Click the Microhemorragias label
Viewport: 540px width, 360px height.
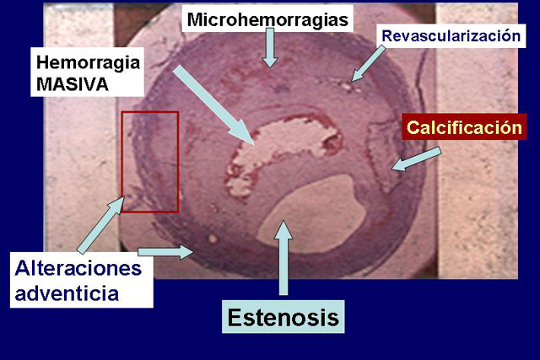(x=267, y=19)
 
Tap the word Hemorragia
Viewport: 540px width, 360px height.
(x=88, y=62)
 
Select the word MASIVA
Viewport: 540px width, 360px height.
(x=73, y=84)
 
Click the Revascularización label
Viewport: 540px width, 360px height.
(x=451, y=35)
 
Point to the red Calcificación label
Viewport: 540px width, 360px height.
(x=464, y=127)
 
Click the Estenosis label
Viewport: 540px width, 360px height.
(x=283, y=317)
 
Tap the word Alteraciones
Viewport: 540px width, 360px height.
(x=78, y=268)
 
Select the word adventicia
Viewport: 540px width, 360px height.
(x=67, y=293)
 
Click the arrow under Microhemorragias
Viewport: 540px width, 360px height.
(x=270, y=48)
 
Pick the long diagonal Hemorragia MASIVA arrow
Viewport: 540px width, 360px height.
(x=213, y=105)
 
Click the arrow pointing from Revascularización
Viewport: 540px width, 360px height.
(x=368, y=64)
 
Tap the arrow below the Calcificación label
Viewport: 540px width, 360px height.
(x=416, y=159)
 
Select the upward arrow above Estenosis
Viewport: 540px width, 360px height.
(x=283, y=258)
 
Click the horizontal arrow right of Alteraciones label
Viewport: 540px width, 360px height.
(x=165, y=252)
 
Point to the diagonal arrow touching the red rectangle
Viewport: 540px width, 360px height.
(x=100, y=225)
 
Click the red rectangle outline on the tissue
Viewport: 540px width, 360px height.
(x=121, y=162)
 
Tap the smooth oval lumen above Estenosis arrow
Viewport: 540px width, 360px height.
(x=311, y=214)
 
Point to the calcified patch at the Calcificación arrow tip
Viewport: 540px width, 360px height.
(x=382, y=155)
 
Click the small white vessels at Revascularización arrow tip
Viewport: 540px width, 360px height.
(x=347, y=86)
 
